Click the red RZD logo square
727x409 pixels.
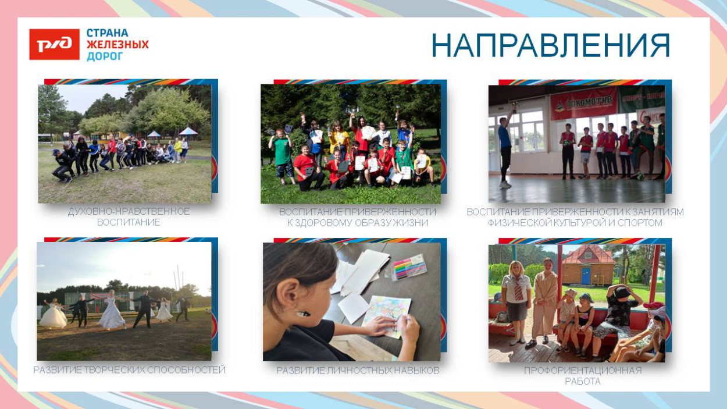[x=54, y=44]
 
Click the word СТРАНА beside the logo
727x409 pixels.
[x=108, y=33]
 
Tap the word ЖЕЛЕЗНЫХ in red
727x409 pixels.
[x=117, y=44]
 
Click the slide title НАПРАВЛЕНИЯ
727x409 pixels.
[x=550, y=45]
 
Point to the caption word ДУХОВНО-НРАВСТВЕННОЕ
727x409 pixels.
[x=129, y=212]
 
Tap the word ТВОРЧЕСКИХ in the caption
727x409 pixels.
[x=115, y=370]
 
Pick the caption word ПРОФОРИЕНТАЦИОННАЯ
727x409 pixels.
[x=583, y=371]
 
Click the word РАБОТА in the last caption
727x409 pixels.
[x=583, y=382]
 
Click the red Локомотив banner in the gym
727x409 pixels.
[x=583, y=102]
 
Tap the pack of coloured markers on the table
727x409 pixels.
[x=409, y=267]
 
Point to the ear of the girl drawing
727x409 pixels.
[x=292, y=292]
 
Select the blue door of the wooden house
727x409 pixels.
[x=586, y=275]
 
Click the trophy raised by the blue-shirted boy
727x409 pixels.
[x=514, y=106]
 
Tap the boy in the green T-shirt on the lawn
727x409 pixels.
[x=281, y=156]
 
